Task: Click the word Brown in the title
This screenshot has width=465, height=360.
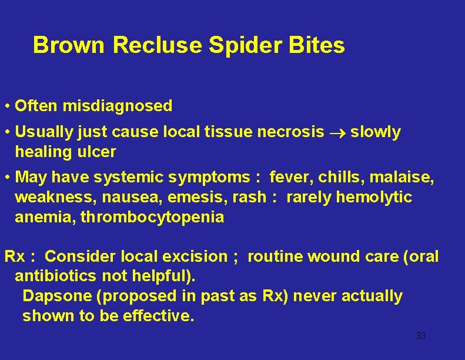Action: point(69,45)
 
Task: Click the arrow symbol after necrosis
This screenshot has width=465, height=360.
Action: point(337,133)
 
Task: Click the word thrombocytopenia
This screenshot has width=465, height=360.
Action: point(152,217)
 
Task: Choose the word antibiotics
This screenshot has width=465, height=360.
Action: point(56,276)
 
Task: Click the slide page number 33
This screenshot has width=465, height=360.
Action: point(420,336)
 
